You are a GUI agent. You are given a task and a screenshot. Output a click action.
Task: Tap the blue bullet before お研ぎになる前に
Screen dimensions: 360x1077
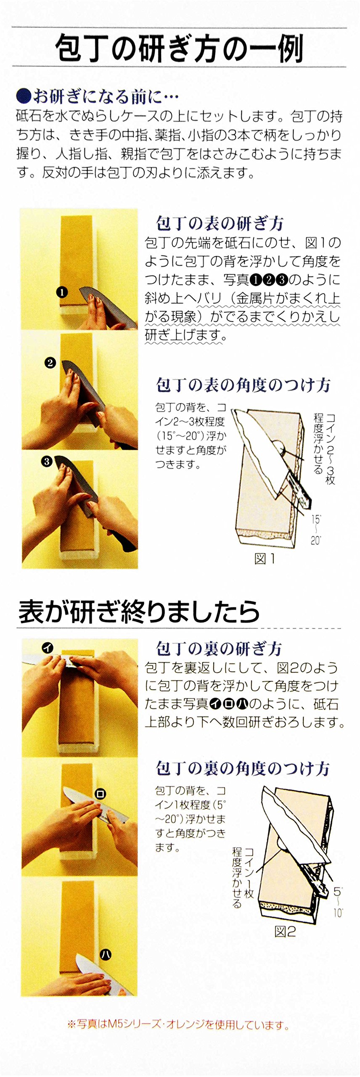pyautogui.click(x=24, y=96)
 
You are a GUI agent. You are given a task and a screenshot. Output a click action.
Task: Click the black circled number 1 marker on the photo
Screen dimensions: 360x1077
pyautogui.click(x=62, y=292)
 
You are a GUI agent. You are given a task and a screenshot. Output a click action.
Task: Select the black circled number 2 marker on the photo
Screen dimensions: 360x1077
pyautogui.click(x=50, y=363)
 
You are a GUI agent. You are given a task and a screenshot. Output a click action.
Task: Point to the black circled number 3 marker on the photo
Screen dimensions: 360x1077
pyautogui.click(x=47, y=461)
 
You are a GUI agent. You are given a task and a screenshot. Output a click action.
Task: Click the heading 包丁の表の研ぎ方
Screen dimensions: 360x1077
pyautogui.click(x=220, y=223)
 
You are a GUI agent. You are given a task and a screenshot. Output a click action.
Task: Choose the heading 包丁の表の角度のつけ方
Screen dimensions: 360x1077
pyautogui.click(x=243, y=385)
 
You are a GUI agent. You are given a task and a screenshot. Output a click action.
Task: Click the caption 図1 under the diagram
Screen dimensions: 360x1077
pyautogui.click(x=265, y=559)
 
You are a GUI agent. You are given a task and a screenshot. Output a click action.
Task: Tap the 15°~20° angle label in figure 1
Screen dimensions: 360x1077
pyautogui.click(x=316, y=530)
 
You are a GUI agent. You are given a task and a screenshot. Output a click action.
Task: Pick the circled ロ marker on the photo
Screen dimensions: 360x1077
pyautogui.click(x=101, y=794)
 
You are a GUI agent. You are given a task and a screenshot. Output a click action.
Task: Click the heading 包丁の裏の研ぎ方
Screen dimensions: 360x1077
pyautogui.click(x=219, y=649)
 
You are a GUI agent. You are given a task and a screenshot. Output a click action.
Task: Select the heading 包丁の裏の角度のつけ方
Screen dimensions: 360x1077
pyautogui.click(x=243, y=769)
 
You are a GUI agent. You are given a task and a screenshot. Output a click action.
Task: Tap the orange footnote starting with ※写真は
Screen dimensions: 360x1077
pyautogui.click(x=178, y=1024)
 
